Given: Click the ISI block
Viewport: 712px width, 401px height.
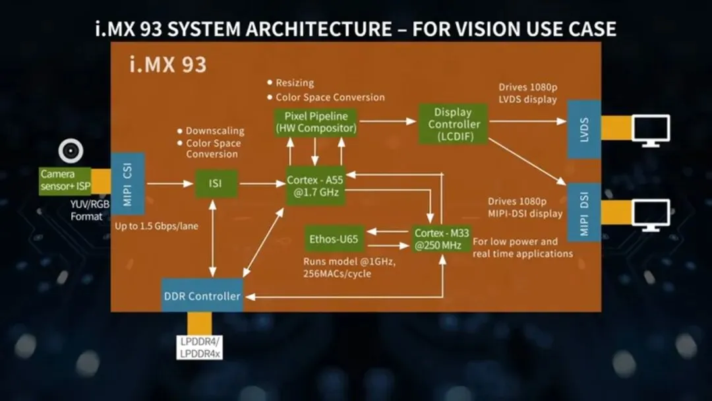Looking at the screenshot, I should click(x=216, y=184).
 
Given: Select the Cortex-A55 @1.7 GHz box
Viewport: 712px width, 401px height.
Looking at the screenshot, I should click(x=316, y=185).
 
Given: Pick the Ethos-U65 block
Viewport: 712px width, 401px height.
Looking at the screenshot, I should click(x=334, y=239).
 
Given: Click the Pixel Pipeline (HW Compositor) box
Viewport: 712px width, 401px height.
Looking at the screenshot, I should click(x=316, y=122).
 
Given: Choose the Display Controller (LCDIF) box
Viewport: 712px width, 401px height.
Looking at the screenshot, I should click(x=452, y=123).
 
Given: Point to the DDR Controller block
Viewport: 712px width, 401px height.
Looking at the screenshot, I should click(x=202, y=295).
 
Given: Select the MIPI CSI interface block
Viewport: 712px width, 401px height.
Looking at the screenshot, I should click(x=127, y=183).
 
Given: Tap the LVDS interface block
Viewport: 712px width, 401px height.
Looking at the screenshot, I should click(x=583, y=129).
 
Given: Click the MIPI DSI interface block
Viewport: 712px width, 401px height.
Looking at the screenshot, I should click(x=583, y=212).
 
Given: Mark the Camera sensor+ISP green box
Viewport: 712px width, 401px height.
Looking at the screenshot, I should click(x=65, y=180).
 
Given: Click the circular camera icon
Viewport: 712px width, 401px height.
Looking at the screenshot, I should click(x=71, y=152).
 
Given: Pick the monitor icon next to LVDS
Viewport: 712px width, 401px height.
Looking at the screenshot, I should click(x=650, y=130).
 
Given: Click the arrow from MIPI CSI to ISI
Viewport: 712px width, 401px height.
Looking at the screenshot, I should click(x=169, y=184).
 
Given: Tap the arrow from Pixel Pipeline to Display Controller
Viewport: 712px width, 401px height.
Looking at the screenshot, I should click(x=388, y=121).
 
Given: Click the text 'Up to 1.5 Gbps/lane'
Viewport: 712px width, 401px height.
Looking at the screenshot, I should click(x=158, y=226).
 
